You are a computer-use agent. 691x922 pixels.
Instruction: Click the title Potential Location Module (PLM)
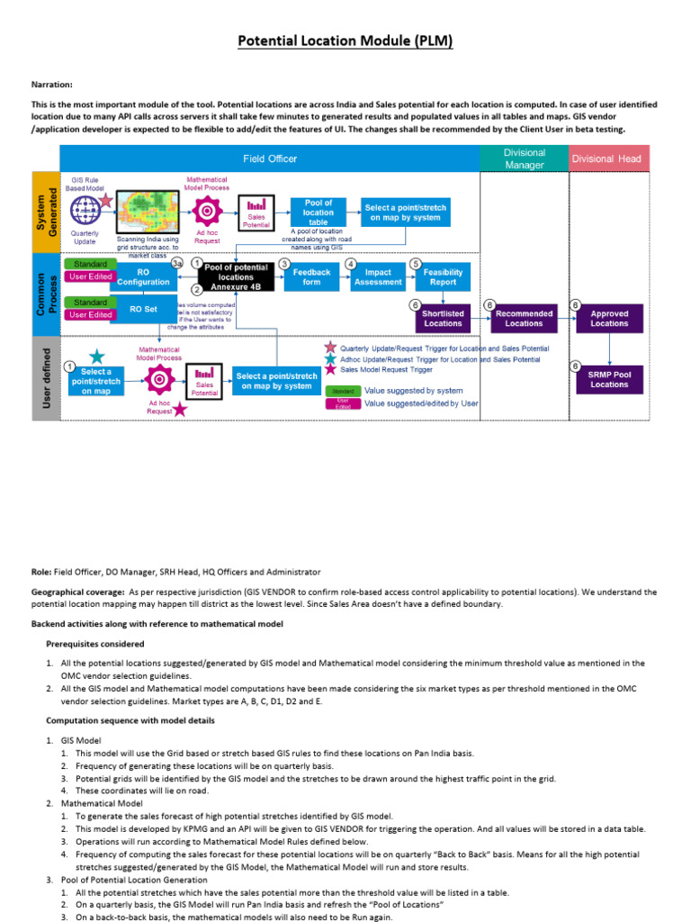[345, 41]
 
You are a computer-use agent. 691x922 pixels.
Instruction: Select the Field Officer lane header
[270, 158]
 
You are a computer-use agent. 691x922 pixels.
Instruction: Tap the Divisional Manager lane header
[524, 158]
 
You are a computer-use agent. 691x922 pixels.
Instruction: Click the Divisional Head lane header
[609, 158]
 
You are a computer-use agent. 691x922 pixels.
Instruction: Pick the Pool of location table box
[318, 212]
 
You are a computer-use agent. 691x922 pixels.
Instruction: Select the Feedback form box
[312, 277]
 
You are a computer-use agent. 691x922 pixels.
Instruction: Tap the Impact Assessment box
[378, 277]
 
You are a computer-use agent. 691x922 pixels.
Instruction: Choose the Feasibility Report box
[443, 277]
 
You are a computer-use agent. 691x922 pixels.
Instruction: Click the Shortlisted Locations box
[443, 318]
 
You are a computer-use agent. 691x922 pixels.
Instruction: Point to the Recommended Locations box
[524, 318]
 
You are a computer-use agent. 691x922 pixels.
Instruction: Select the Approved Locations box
[609, 318]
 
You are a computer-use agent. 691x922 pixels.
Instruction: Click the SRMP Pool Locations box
[609, 378]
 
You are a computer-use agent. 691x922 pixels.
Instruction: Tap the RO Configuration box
[143, 276]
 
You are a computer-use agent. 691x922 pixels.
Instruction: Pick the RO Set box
[143, 309]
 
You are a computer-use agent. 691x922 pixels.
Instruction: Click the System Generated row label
[46, 212]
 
